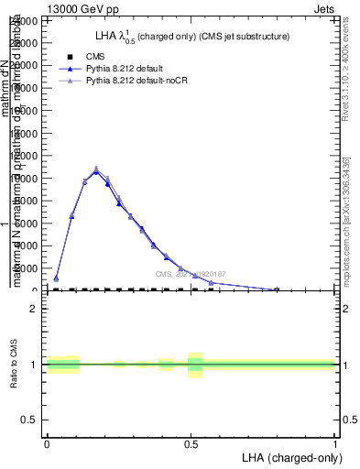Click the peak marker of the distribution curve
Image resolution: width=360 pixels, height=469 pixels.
96,169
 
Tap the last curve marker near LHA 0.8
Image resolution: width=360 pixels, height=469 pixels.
277,289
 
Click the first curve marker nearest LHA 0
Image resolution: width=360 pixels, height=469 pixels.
56,278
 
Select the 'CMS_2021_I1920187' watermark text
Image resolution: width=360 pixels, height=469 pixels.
190,274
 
